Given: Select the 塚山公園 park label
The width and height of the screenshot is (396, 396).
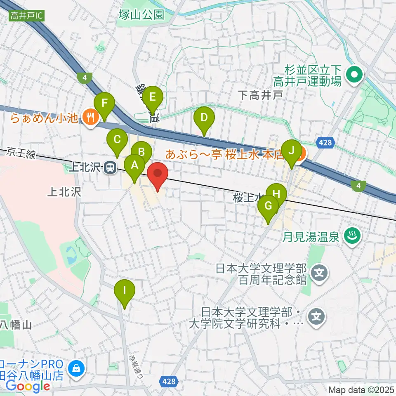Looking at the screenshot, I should (140, 15).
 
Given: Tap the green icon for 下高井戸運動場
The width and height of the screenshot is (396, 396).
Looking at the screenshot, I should (354, 75).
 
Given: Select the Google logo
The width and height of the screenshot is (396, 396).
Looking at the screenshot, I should (28, 386).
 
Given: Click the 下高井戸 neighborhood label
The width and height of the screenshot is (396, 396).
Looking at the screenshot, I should (261, 95).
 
